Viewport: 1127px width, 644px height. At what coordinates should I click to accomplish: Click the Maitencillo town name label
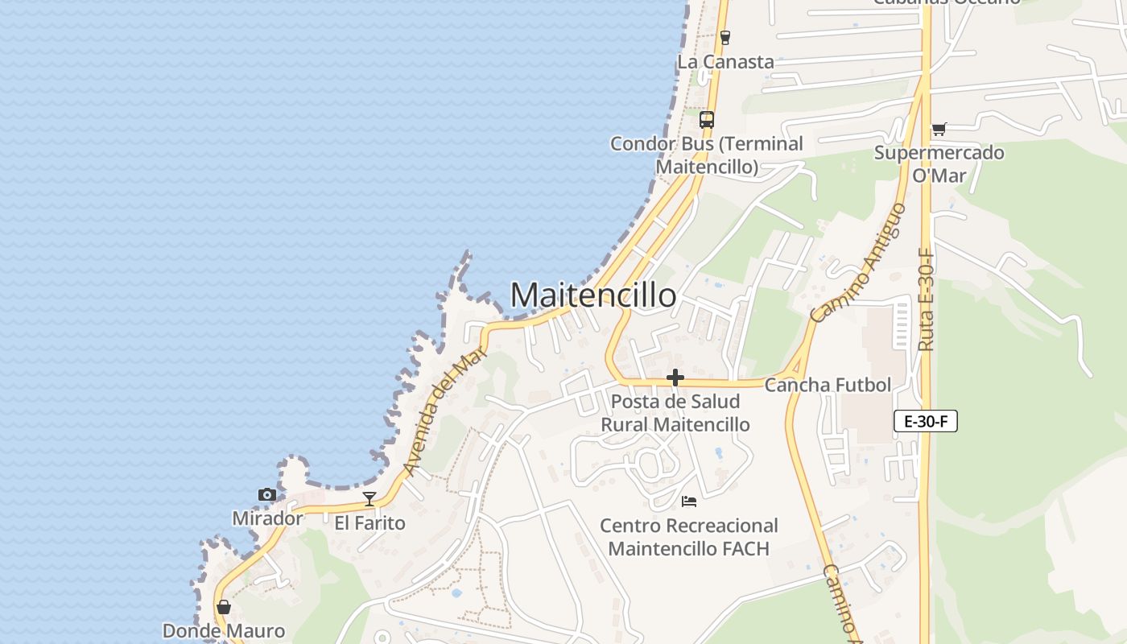click(593, 295)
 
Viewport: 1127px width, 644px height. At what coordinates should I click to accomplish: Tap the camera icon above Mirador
click(266, 494)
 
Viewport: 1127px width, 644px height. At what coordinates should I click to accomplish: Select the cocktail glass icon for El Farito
click(369, 498)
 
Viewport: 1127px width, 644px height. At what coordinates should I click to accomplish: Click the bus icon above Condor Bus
click(706, 120)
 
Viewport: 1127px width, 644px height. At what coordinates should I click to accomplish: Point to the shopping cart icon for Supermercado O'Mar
click(939, 129)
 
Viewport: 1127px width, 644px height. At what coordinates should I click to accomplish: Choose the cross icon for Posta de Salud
click(675, 378)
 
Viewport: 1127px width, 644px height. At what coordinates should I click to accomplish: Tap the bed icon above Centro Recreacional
click(689, 501)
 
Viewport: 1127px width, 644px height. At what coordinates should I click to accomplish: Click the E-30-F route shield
click(925, 421)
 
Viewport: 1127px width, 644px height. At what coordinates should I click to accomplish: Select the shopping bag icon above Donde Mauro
click(224, 607)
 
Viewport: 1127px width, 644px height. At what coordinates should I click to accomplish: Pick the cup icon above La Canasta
click(724, 37)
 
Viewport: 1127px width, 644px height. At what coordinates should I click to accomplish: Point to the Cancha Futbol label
click(828, 385)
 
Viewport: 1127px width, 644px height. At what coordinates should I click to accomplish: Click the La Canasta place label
click(725, 62)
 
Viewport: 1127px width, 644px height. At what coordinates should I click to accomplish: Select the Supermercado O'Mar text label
click(939, 163)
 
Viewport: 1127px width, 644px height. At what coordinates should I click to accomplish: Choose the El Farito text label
click(369, 523)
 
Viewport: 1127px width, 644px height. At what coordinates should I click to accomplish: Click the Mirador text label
click(267, 518)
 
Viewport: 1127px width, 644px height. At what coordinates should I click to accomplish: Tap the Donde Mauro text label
click(224, 631)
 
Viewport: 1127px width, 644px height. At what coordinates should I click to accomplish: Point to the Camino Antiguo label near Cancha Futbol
click(859, 262)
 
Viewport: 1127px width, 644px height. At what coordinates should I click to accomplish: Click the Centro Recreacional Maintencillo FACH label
click(688, 537)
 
